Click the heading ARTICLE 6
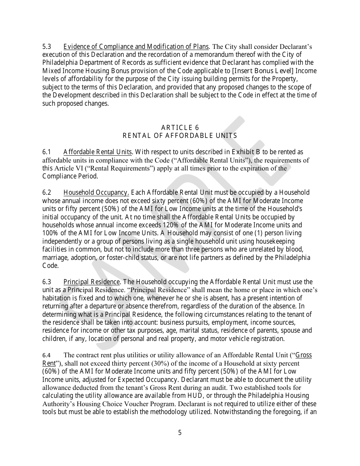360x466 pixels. (180, 127)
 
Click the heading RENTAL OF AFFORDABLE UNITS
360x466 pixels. (180, 136)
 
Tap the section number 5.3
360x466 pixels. (47, 47)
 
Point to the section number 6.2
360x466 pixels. (47, 192)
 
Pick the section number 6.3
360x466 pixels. (47, 281)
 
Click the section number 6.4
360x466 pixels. (46, 355)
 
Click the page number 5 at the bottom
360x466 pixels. (180, 433)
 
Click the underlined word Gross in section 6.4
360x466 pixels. (304, 355)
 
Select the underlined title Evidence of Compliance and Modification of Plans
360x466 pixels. (136, 47)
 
